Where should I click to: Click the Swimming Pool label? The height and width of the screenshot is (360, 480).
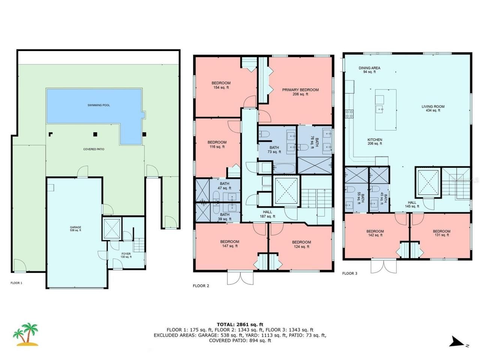coord(99,105)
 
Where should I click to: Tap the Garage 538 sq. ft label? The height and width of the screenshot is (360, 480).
coord(75,229)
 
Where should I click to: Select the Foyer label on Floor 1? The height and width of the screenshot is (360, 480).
coord(126,255)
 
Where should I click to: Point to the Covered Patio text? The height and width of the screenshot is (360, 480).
coord(94,149)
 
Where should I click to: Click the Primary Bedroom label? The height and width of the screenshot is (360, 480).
coord(300,92)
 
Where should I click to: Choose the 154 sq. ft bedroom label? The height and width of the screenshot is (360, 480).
coord(221,85)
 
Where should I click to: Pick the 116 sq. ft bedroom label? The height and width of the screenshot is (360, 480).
coord(217,144)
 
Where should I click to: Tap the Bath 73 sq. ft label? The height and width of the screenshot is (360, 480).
coord(274,150)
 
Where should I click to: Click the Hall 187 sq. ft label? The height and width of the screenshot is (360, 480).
coord(267,214)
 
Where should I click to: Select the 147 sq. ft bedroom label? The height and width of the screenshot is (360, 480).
coord(229,244)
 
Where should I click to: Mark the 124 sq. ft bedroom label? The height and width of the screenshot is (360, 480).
coord(301,244)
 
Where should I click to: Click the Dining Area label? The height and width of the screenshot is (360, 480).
coord(369,70)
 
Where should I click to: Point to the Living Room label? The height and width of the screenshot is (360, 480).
coord(433,108)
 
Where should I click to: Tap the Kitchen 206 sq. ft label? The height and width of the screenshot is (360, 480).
coord(375,141)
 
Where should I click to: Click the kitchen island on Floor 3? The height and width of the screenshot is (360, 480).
coord(385,109)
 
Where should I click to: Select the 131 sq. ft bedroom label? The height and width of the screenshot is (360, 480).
coord(441,233)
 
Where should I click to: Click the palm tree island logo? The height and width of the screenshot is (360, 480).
coord(25,334)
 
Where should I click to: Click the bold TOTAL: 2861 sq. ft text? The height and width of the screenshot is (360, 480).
coord(240,324)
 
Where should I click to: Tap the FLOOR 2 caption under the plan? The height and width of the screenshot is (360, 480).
coord(201,286)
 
